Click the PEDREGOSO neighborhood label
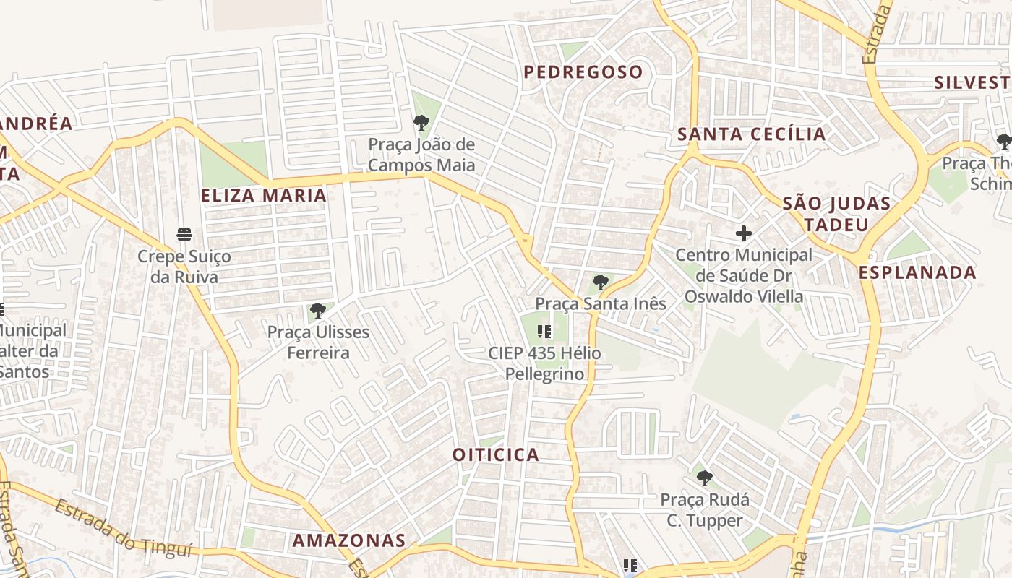pyautogui.click(x=583, y=72)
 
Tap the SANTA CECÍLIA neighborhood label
pyautogui.click(x=751, y=134)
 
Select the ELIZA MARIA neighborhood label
pyautogui.click(x=264, y=196)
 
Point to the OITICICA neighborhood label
pyautogui.click(x=496, y=454)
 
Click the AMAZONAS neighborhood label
pyautogui.click(x=348, y=540)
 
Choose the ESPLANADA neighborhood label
pyautogui.click(x=917, y=273)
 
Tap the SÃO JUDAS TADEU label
pyautogui.click(x=836, y=214)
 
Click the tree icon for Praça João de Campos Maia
pyautogui.click(x=421, y=123)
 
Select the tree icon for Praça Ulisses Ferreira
pyautogui.click(x=317, y=311)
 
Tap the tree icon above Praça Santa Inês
pyautogui.click(x=600, y=282)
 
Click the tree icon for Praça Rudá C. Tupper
pyautogui.click(x=704, y=478)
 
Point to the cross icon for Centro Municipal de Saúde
pyautogui.click(x=744, y=233)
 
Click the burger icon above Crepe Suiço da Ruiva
pyautogui.click(x=184, y=235)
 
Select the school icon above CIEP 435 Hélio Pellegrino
pyautogui.click(x=544, y=332)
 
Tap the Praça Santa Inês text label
pyautogui.click(x=600, y=303)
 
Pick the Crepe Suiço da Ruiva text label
pyautogui.click(x=184, y=267)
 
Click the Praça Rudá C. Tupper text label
pyautogui.click(x=704, y=510)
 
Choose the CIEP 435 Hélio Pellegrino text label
pyautogui.click(x=544, y=363)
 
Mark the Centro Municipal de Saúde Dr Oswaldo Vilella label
pyautogui.click(x=744, y=275)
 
